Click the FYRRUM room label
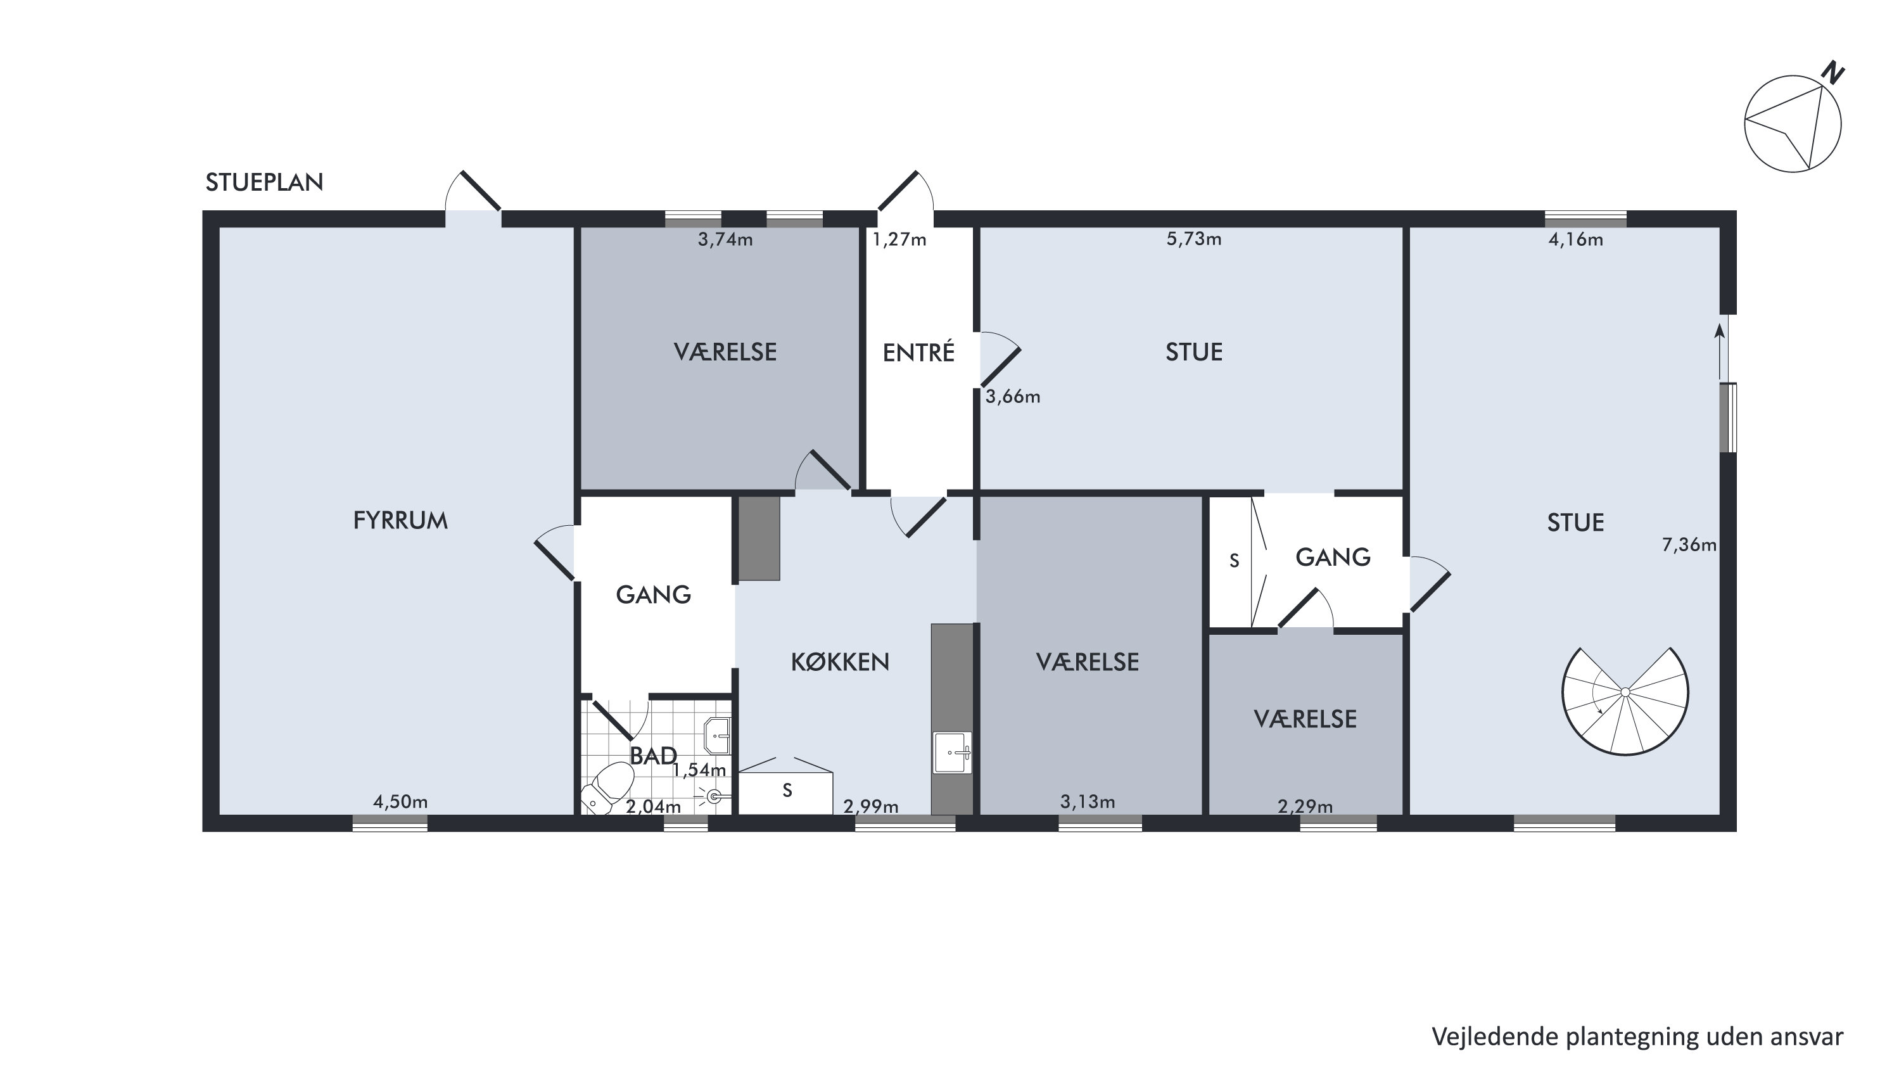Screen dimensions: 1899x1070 400,521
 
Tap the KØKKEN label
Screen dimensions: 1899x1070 840,662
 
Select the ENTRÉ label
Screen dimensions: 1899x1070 918,352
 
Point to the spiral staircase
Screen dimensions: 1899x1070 1625,701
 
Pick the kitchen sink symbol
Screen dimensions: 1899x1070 953,752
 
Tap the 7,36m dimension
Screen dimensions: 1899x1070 1689,545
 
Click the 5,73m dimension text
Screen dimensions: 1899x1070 1193,239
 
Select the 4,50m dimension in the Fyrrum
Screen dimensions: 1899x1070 400,801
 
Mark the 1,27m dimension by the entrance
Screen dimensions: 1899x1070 899,239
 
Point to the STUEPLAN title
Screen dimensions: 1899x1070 264,182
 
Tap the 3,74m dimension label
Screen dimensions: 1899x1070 725,239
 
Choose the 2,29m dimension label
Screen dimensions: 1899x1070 1305,806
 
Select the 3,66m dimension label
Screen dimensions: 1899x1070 1013,397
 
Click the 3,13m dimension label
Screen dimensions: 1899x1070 1088,801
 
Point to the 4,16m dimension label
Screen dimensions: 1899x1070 1575,239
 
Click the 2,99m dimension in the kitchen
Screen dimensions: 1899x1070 870,806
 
